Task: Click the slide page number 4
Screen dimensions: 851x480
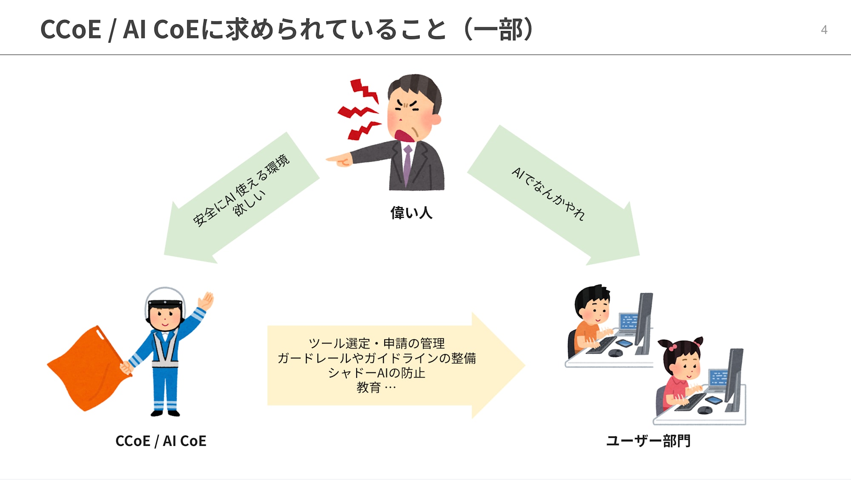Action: [824, 30]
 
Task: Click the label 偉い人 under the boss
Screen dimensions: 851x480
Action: [411, 213]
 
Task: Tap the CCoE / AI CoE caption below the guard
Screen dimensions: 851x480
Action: [161, 441]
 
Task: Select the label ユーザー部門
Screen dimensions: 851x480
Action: [648, 441]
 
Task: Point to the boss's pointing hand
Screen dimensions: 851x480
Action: [339, 160]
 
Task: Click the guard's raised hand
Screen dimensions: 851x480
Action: [206, 301]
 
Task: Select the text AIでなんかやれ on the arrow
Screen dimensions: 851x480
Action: [548, 194]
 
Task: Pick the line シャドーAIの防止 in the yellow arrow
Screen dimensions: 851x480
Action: [376, 373]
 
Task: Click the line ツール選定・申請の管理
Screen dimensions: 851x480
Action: [376, 343]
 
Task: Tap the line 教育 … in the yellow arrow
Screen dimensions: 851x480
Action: [376, 388]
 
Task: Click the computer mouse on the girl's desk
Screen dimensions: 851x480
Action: [705, 410]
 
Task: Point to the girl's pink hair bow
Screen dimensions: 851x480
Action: [672, 347]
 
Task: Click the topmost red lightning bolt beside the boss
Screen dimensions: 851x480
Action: [364, 90]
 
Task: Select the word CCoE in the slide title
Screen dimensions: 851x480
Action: [71, 30]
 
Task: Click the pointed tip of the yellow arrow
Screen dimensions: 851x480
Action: [525, 365]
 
